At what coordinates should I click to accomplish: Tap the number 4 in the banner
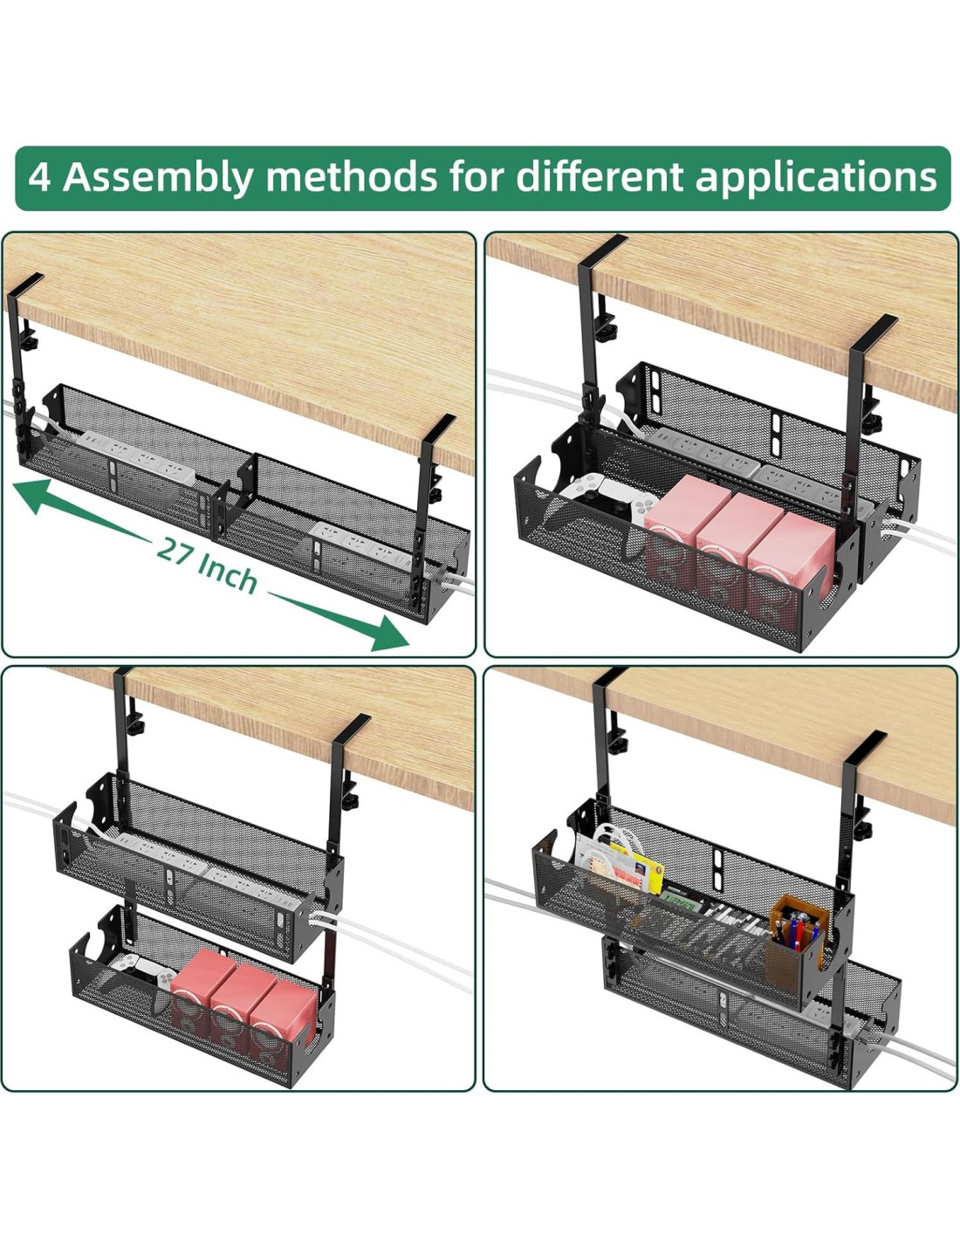click(x=38, y=178)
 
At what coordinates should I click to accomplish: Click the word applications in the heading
click(x=816, y=178)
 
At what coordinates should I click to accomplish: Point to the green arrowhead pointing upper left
click(x=32, y=495)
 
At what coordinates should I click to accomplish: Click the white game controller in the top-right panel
click(x=607, y=503)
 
